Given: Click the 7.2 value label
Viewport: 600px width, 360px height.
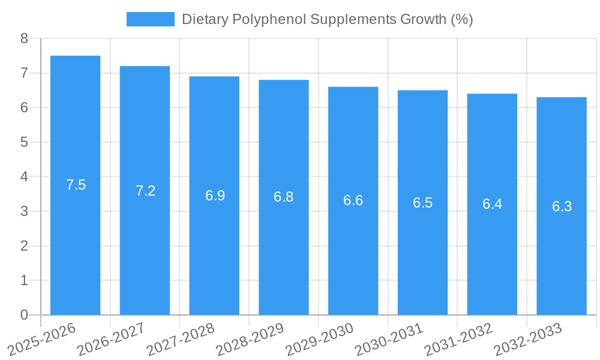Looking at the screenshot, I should pyautogui.click(x=145, y=191).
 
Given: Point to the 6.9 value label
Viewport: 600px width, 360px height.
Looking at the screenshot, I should pyautogui.click(x=215, y=196).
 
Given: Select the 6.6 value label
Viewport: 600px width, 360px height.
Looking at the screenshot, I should pyautogui.click(x=353, y=200).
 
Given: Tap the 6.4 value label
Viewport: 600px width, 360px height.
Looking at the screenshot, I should pyautogui.click(x=492, y=204).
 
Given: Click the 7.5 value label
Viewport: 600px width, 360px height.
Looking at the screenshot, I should pyautogui.click(x=76, y=185).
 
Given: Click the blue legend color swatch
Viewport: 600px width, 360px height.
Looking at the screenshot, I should pyautogui.click(x=150, y=19).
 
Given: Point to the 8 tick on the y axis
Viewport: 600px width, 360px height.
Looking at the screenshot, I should pyautogui.click(x=24, y=38).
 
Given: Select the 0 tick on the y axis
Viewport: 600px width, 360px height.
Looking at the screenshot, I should pyautogui.click(x=24, y=315).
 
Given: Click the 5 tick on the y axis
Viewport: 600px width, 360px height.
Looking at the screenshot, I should pyautogui.click(x=24, y=142).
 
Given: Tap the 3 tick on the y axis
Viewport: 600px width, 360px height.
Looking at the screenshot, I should pyautogui.click(x=24, y=211).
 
